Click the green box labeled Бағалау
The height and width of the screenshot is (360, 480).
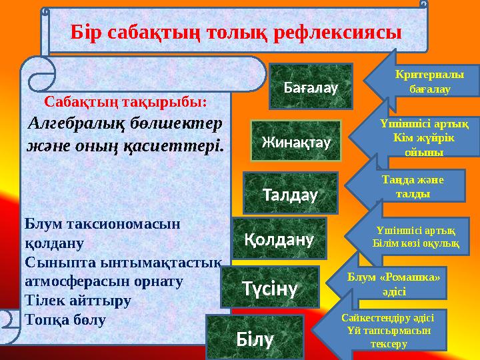(310, 86)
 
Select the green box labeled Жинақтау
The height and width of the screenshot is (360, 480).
(296, 141)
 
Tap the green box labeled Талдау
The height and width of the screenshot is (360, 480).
(290, 193)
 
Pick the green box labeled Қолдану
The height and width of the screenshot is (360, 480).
(279, 238)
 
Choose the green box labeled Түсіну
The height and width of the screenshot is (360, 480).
(269, 287)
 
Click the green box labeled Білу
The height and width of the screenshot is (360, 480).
(255, 338)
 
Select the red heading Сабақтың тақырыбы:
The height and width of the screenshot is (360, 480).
(126, 103)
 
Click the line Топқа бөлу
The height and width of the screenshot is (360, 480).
(65, 319)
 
